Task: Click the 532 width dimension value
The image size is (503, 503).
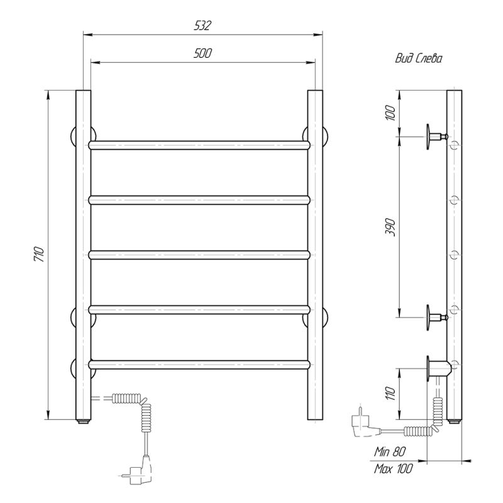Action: (202, 26)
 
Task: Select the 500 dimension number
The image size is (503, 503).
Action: (202, 54)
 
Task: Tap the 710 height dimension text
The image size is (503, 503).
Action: (39, 255)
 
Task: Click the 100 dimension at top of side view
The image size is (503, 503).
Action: (390, 114)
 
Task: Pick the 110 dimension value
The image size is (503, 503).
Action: (390, 394)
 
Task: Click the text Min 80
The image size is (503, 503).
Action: (390, 451)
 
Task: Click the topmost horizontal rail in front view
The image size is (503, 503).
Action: (201, 145)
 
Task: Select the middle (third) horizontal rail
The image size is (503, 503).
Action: (201, 255)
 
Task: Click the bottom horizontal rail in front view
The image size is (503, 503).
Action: (201, 363)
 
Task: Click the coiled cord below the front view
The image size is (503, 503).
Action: (147, 415)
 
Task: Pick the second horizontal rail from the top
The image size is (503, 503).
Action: (201, 200)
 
